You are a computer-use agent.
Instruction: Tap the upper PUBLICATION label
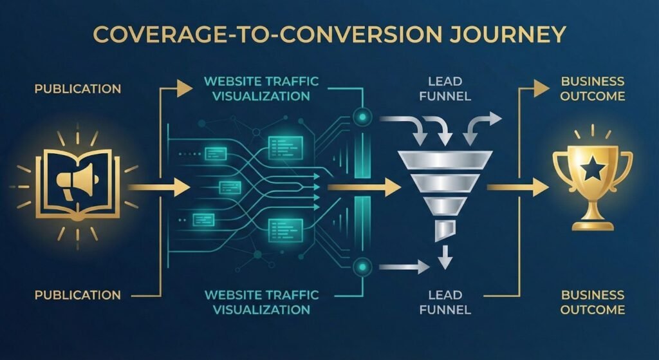(x=78, y=88)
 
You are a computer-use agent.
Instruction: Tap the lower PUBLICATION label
(x=78, y=295)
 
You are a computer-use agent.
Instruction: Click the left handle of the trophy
(x=561, y=166)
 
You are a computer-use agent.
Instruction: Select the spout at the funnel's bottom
(x=444, y=230)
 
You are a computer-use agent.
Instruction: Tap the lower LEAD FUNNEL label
(x=445, y=302)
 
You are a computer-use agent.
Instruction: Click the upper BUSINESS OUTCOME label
(x=593, y=88)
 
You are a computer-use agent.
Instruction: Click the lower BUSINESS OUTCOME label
(x=593, y=302)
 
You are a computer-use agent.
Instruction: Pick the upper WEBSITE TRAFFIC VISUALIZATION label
(x=261, y=89)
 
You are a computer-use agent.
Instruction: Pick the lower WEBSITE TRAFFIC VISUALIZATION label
(x=261, y=302)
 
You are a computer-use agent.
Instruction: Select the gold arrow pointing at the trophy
(x=518, y=187)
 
